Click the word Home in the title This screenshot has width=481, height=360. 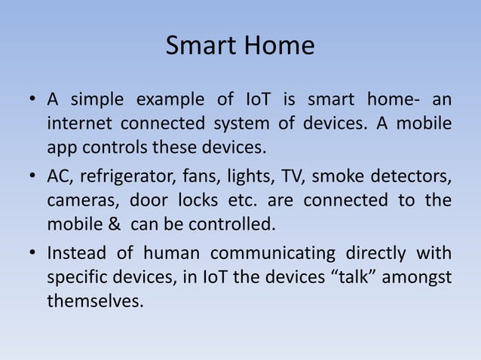[277, 47]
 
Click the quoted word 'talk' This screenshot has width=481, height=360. [352, 277]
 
